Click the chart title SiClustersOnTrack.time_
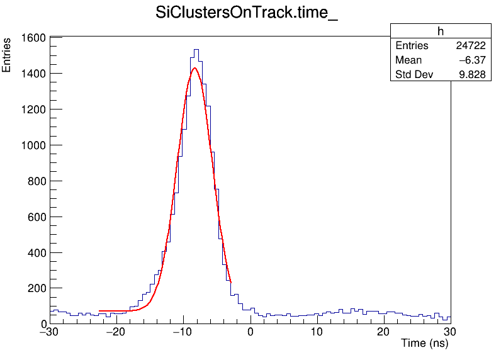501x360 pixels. [247, 14]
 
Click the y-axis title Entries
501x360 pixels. [7, 55]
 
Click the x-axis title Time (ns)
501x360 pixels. [424, 344]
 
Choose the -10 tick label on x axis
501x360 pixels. [182, 332]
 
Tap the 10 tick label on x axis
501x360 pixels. [317, 332]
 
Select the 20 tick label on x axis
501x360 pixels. [383, 332]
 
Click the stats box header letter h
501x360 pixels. [441, 31]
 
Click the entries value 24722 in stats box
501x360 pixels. [471, 46]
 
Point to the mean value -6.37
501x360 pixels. [473, 60]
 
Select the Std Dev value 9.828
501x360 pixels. [472, 75]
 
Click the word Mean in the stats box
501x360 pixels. [408, 60]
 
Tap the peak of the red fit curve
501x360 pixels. [194, 68]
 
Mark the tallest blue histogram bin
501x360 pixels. [196, 50]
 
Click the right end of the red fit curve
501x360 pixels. [231, 281]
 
